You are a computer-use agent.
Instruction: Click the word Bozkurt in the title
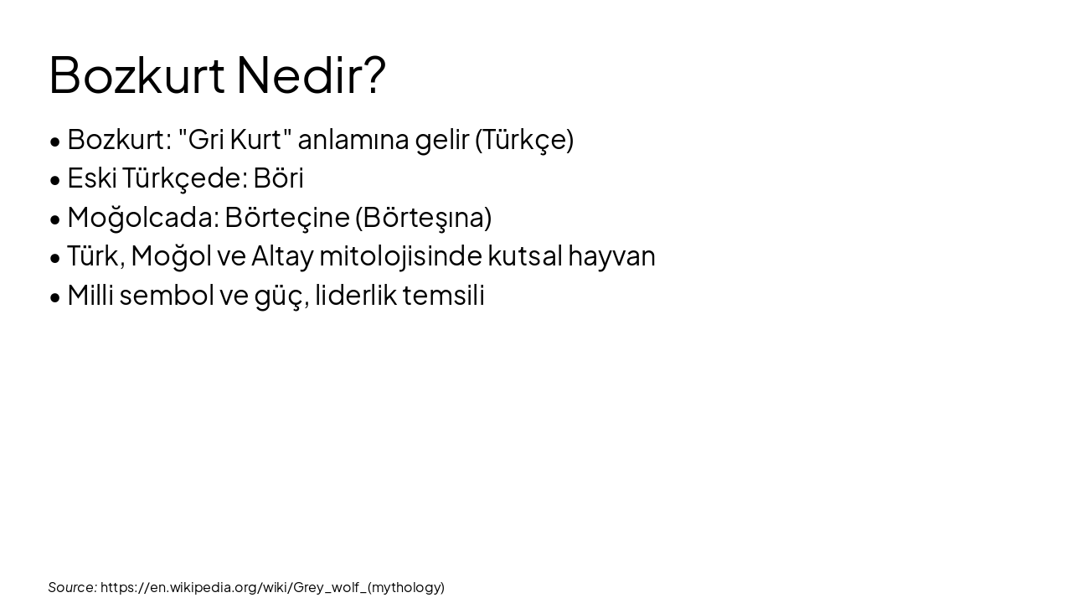(x=137, y=75)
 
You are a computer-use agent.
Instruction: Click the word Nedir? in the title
(x=311, y=75)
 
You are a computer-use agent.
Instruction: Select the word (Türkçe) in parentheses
(x=524, y=139)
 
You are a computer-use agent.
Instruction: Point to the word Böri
(x=278, y=178)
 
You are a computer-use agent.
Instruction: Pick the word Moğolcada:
(x=143, y=217)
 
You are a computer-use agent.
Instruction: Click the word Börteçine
(x=286, y=217)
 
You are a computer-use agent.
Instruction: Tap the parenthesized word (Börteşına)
(x=423, y=217)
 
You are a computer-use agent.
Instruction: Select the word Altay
(x=282, y=255)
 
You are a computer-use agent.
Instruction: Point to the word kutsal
(x=524, y=255)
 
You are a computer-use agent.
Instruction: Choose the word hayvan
(x=611, y=255)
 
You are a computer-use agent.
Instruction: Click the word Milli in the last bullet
(x=90, y=295)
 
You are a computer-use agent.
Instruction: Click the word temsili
(x=443, y=295)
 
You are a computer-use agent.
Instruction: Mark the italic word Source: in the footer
(x=73, y=587)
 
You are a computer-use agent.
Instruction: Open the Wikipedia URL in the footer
(x=272, y=587)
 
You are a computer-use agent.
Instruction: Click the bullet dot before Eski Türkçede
(x=55, y=179)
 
